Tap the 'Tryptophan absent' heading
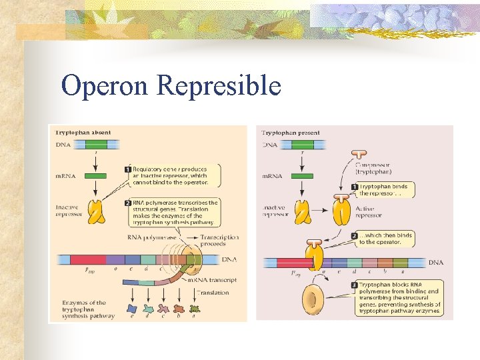tap(82, 132)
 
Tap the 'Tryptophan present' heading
tap(290, 133)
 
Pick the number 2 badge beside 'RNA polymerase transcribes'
tap(127, 203)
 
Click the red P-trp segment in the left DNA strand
tap(87, 260)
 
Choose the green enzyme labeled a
tap(195, 309)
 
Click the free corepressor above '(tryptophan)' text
tap(341, 157)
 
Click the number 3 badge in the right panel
tap(354, 285)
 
